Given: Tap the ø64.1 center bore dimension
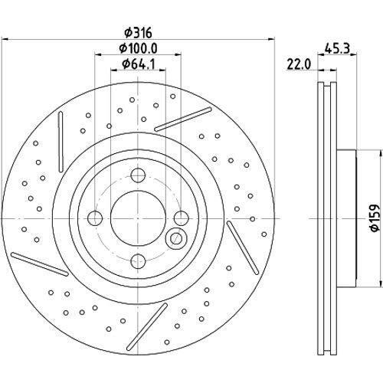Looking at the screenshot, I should click(x=139, y=67).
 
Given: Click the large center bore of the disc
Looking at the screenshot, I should click(x=136, y=216).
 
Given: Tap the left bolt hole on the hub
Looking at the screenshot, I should click(x=94, y=217).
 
